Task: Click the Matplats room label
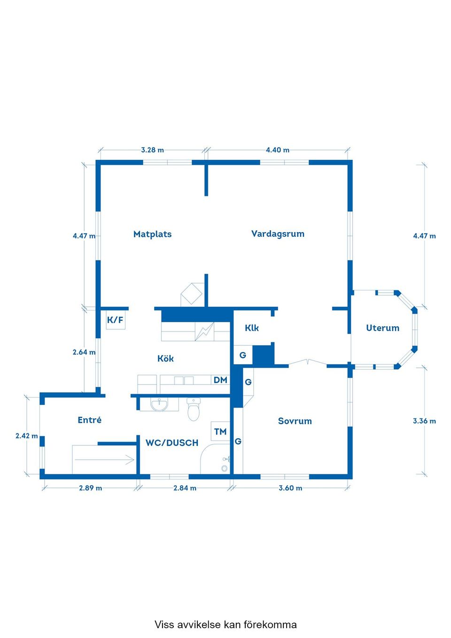coord(152,234)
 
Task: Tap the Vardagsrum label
coord(278,234)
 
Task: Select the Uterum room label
coord(382,328)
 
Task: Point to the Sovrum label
coord(295,421)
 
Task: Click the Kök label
coord(165,358)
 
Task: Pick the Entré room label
coord(89,420)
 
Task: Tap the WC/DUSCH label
coord(171,443)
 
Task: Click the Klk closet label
coord(252,328)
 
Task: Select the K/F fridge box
coord(116,320)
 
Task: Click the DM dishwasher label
coord(220,380)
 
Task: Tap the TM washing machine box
coord(220,431)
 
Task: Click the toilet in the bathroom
coord(194,409)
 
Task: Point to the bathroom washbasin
coord(159,405)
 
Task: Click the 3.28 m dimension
coord(152,150)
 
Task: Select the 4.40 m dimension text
coord(277,150)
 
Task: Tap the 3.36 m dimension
coord(424,421)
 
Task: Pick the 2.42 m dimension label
coord(26,436)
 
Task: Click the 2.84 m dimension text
coord(185,488)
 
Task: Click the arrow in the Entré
coord(104,459)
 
